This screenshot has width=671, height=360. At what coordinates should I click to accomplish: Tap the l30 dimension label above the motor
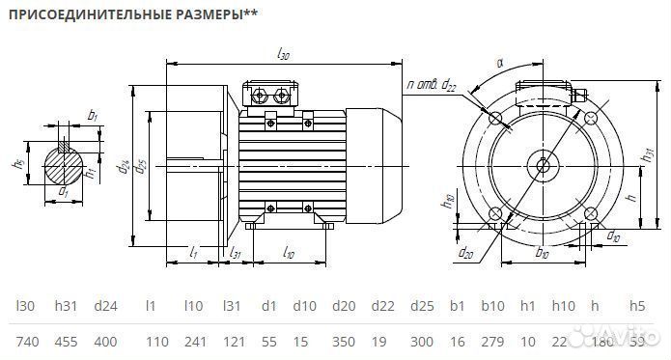(x=283, y=54)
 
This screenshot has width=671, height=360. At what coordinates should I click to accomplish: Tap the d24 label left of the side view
(x=126, y=165)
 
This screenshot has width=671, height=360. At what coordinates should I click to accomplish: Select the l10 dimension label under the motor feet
(x=289, y=253)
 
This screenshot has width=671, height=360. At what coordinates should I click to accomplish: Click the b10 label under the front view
(x=543, y=255)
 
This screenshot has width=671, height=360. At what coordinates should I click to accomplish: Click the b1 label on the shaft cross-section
(x=93, y=115)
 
